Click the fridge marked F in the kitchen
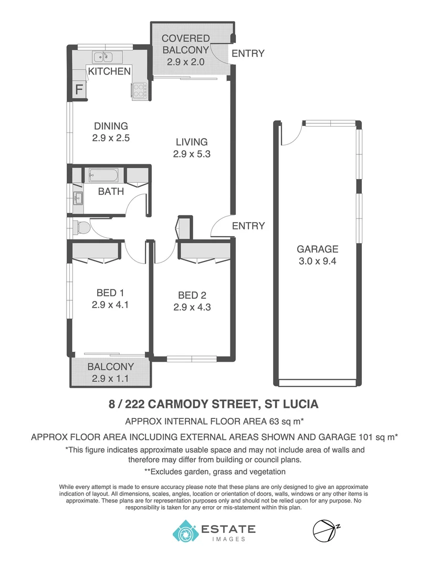(x=79, y=89)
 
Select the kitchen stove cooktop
(x=139, y=91)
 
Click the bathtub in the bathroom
(x=105, y=174)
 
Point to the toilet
(x=81, y=227)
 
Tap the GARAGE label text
(x=317, y=249)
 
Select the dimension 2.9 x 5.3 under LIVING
(x=192, y=154)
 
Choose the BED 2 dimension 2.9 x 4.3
(x=192, y=308)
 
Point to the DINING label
(x=111, y=126)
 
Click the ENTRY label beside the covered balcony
(x=248, y=53)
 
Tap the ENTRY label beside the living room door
(x=248, y=226)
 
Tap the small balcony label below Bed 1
(x=110, y=367)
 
